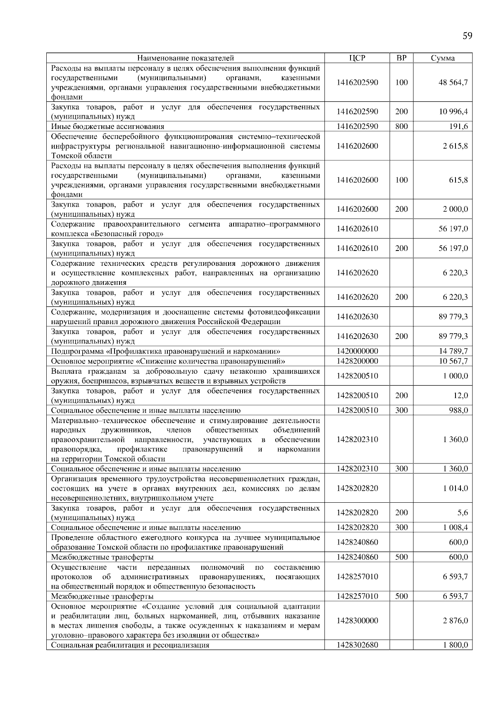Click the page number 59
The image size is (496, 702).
(x=467, y=36)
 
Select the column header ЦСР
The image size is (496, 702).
(x=357, y=58)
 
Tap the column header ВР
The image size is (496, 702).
(x=401, y=58)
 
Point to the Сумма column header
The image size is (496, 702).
(x=443, y=58)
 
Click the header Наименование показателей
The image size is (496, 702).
(x=185, y=58)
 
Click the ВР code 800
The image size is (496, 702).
(x=401, y=127)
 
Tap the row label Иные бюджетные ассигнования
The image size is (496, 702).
(x=107, y=127)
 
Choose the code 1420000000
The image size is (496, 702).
(x=357, y=351)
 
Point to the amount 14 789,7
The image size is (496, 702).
(x=453, y=351)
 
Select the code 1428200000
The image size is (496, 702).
(x=357, y=361)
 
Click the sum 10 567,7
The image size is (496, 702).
(x=453, y=361)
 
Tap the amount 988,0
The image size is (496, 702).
(x=458, y=410)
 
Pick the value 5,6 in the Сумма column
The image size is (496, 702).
(x=463, y=513)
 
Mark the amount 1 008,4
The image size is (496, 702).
(x=455, y=528)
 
